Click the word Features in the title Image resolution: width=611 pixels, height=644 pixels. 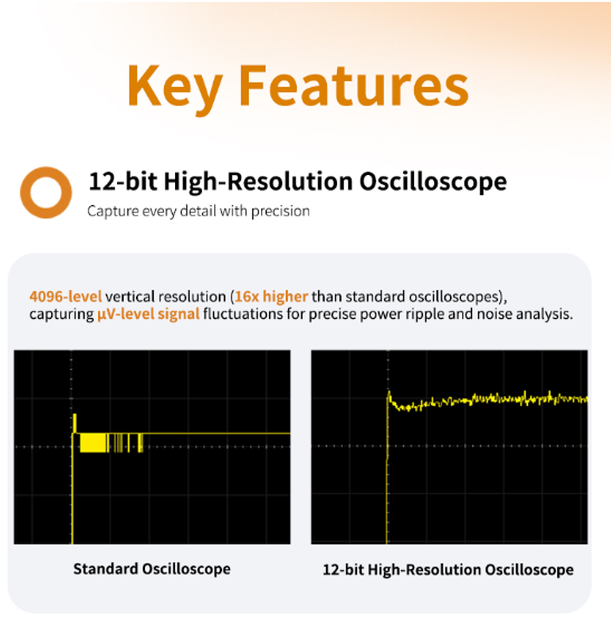click(354, 86)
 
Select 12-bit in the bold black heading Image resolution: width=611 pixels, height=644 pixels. click(123, 181)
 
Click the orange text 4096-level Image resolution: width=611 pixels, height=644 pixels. click(65, 296)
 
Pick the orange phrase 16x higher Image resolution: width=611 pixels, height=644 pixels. click(271, 296)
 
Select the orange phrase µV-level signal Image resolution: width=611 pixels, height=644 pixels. click(148, 314)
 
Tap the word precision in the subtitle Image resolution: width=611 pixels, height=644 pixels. click(280, 211)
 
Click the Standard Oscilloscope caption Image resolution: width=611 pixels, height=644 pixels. click(152, 569)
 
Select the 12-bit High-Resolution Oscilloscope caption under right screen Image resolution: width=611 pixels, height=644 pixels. click(448, 569)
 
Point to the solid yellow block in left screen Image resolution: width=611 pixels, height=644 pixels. click(93, 443)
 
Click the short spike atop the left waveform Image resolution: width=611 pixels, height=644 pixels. click(75, 423)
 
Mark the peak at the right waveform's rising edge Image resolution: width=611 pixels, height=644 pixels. click(389, 392)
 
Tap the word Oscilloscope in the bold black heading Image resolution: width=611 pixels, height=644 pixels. click(433, 181)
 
